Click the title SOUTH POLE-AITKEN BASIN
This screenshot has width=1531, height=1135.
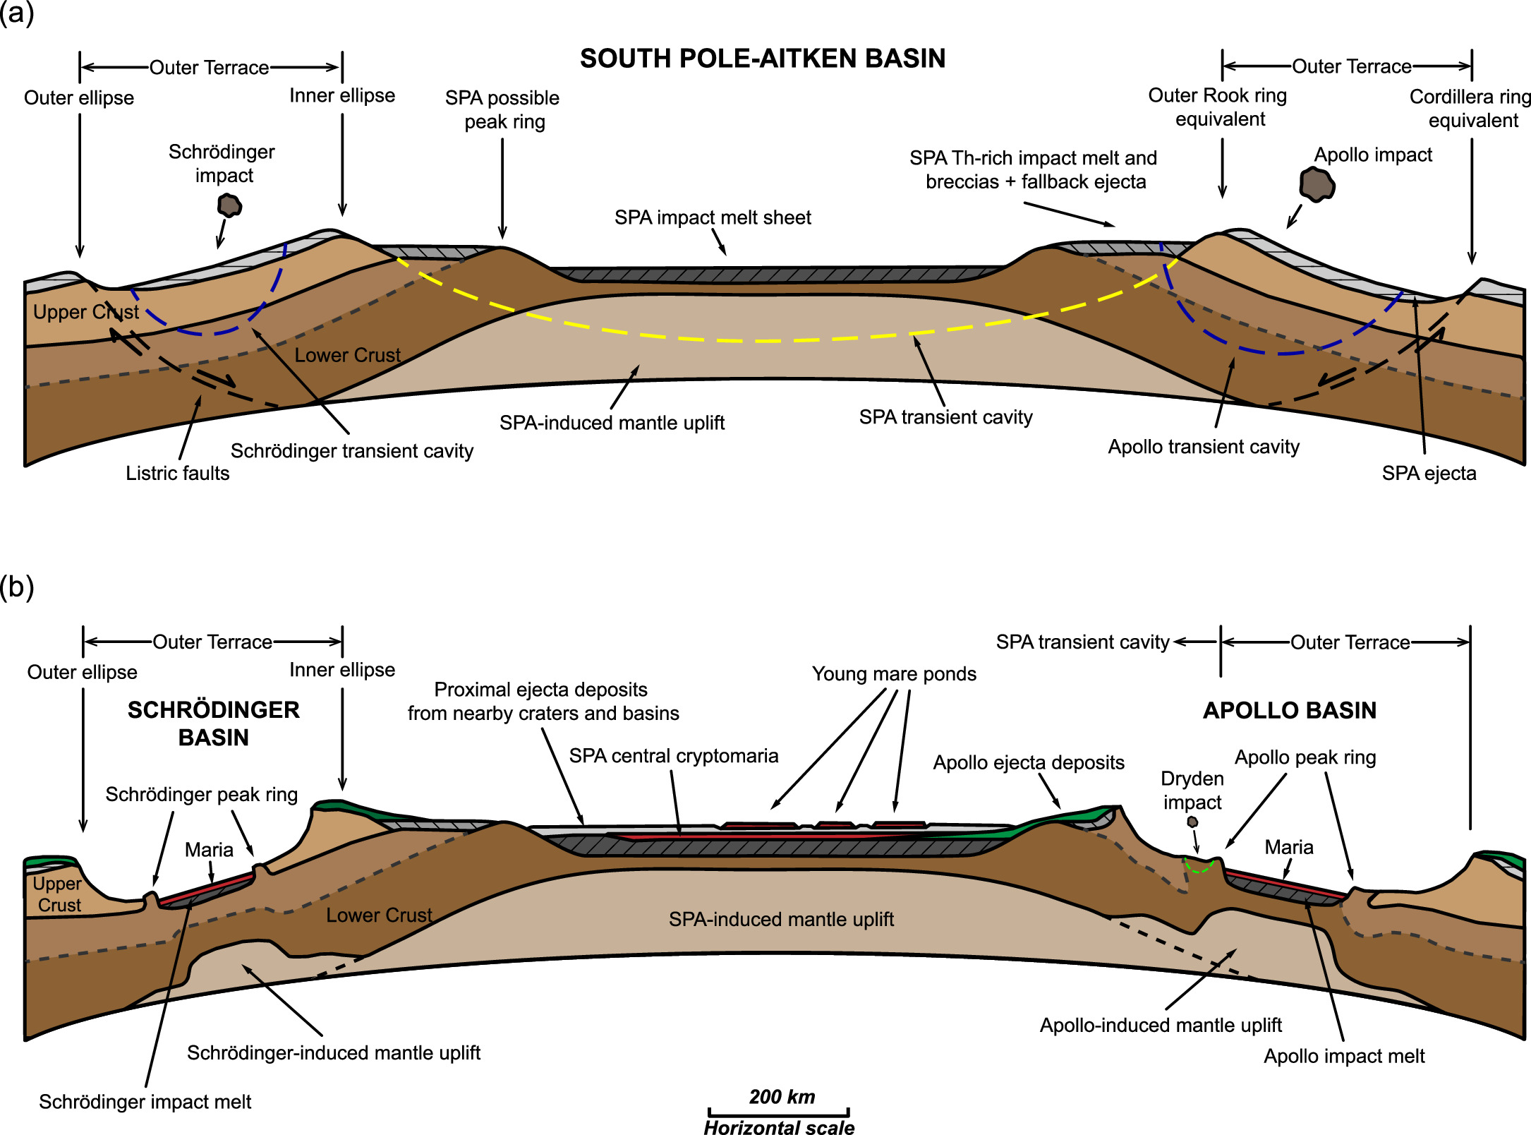click(762, 59)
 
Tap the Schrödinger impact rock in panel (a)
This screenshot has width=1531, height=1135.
click(229, 205)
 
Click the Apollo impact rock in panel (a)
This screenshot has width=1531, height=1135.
click(1317, 185)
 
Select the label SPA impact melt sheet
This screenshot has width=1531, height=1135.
click(713, 217)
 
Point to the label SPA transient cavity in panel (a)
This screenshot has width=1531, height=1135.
click(945, 417)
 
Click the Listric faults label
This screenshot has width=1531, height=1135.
click(177, 473)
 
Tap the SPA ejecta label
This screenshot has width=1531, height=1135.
click(1429, 473)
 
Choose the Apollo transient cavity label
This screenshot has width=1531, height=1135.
click(1204, 447)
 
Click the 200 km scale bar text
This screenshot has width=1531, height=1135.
click(782, 1097)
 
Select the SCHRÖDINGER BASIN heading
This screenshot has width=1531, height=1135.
click(213, 723)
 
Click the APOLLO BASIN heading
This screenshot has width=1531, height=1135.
click(1290, 710)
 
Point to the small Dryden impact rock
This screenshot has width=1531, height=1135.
click(1192, 822)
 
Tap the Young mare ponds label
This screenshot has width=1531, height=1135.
click(894, 674)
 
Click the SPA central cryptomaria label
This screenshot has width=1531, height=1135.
click(674, 756)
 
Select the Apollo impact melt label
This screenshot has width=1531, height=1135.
click(1344, 1056)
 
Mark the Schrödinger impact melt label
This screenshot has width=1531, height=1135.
click(145, 1102)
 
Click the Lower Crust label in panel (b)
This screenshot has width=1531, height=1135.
click(379, 915)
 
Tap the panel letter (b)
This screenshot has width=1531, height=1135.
click(17, 587)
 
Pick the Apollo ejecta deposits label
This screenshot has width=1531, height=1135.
click(1029, 762)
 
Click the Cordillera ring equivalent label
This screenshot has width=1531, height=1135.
click(1471, 108)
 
